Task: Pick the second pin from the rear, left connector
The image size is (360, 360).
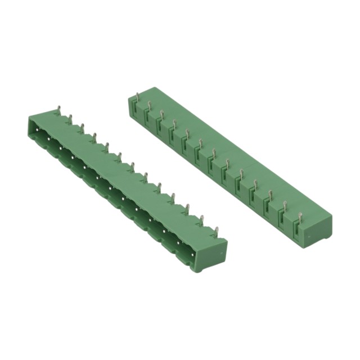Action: [x=70, y=119]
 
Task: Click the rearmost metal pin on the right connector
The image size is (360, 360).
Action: [x=149, y=105]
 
